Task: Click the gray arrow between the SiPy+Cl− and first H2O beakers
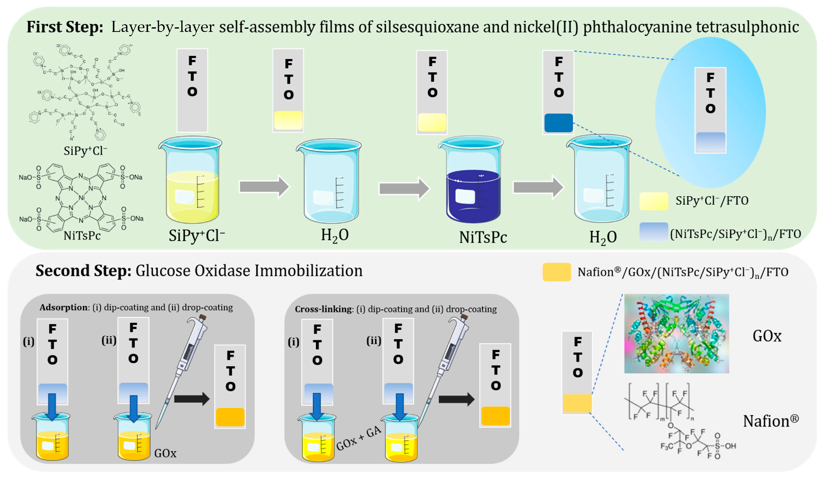pyautogui.click(x=264, y=187)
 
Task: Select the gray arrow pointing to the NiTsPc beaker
pyautogui.click(x=404, y=188)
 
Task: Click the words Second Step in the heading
pyautogui.click(x=83, y=271)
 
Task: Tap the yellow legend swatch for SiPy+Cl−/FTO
pyautogui.click(x=653, y=201)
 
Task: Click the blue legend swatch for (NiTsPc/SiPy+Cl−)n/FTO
pyautogui.click(x=653, y=231)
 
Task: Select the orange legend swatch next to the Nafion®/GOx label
pyautogui.click(x=556, y=272)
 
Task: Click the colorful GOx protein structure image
pyautogui.click(x=676, y=333)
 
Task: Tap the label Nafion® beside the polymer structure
pyautogui.click(x=770, y=421)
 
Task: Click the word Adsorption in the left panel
pyautogui.click(x=64, y=307)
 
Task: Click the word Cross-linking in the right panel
pyautogui.click(x=324, y=309)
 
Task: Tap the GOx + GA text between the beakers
pyautogui.click(x=359, y=438)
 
